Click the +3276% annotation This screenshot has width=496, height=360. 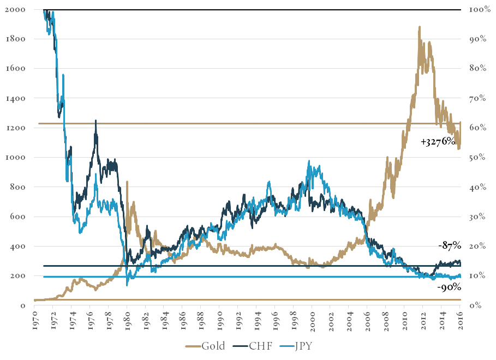[438, 141]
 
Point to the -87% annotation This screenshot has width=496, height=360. [450, 246]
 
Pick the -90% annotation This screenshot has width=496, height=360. [450, 287]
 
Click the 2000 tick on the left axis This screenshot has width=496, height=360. [15, 10]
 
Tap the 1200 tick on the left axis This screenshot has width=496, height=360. [15, 128]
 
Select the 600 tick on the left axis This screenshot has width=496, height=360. [19, 217]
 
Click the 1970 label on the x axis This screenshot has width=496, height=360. [34, 317]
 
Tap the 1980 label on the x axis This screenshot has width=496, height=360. [127, 317]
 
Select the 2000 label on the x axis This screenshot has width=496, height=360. [312, 317]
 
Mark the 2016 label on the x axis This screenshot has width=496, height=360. [460, 317]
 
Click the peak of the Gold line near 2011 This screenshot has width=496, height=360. [419, 26]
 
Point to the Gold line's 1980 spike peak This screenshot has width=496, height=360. [127, 182]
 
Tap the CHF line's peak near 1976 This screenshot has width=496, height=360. [95, 121]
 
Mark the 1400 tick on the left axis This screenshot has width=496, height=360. [15, 99]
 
